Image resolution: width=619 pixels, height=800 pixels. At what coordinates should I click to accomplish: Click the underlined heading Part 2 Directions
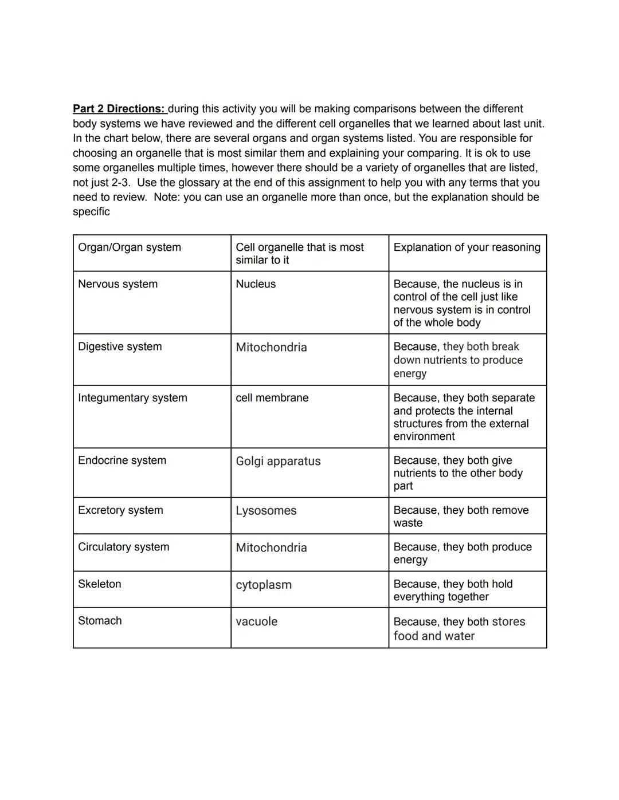pyautogui.click(x=119, y=109)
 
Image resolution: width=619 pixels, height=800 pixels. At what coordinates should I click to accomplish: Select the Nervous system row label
pyautogui.click(x=117, y=284)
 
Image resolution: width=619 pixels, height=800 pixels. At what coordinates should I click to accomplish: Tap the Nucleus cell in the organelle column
pyautogui.click(x=256, y=284)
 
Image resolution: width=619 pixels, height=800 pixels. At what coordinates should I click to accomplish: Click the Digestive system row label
pyautogui.click(x=120, y=346)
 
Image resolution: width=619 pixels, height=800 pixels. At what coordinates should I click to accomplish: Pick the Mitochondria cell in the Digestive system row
pyautogui.click(x=271, y=347)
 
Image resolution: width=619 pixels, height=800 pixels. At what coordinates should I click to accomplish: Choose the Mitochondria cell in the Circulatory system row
pyautogui.click(x=271, y=547)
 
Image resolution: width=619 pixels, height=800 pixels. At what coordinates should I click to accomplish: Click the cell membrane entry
pyautogui.click(x=272, y=398)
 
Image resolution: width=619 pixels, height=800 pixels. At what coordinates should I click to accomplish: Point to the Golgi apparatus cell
pyautogui.click(x=278, y=461)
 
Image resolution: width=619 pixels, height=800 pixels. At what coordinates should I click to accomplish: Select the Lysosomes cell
pyautogui.click(x=266, y=510)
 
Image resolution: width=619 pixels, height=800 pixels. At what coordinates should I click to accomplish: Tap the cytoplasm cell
pyautogui.click(x=264, y=585)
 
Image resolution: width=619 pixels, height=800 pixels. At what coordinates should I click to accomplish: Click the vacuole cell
pyautogui.click(x=256, y=621)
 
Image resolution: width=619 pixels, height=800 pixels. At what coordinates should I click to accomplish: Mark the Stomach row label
pyautogui.click(x=100, y=621)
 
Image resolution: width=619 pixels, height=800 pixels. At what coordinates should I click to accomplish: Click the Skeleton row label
pyautogui.click(x=100, y=584)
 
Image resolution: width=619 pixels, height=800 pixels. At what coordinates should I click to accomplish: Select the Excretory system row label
pyautogui.click(x=120, y=510)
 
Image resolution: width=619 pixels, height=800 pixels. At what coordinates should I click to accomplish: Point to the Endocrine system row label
pyautogui.click(x=122, y=460)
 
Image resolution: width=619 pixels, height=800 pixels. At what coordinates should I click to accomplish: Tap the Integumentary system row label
pyautogui.click(x=132, y=398)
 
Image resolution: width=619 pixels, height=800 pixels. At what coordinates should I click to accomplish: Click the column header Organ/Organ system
pyautogui.click(x=130, y=247)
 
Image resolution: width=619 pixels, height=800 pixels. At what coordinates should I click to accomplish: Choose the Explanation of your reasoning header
pyautogui.click(x=467, y=247)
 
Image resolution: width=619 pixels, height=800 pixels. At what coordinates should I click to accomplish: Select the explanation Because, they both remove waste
pyautogui.click(x=461, y=516)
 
